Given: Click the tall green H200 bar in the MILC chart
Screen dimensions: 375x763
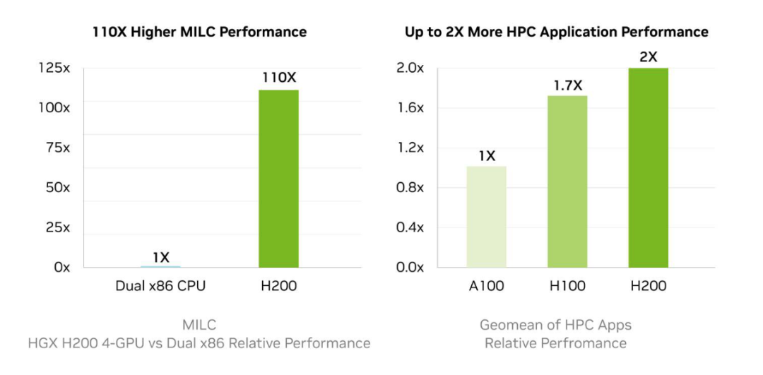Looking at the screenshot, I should (278, 179).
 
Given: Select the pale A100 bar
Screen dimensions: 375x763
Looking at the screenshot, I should (487, 217).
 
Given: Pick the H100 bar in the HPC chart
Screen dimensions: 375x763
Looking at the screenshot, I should (567, 181).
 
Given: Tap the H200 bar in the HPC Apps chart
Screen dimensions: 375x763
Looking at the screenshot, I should (648, 167).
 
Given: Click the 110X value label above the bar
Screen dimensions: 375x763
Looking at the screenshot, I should (278, 78).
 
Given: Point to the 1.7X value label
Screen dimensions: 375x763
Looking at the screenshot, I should (567, 85).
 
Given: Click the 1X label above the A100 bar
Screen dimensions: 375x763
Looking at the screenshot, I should (487, 156).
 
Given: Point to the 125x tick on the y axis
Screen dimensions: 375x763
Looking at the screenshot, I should (54, 69).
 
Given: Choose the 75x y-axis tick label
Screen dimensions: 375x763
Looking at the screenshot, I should (57, 148).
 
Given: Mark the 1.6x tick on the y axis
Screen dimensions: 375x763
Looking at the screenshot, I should (409, 108).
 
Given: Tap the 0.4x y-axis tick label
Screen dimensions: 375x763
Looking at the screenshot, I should (409, 228).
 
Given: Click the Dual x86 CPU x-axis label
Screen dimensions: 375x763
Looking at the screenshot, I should (161, 287).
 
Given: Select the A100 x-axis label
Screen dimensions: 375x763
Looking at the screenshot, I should (487, 287).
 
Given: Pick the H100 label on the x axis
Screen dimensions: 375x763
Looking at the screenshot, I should (567, 287).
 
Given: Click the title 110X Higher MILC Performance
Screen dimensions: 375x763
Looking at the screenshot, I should (199, 32).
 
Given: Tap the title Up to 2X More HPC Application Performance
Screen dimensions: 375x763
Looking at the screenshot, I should (556, 32).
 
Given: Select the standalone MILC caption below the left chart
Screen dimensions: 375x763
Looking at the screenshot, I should (199, 325).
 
